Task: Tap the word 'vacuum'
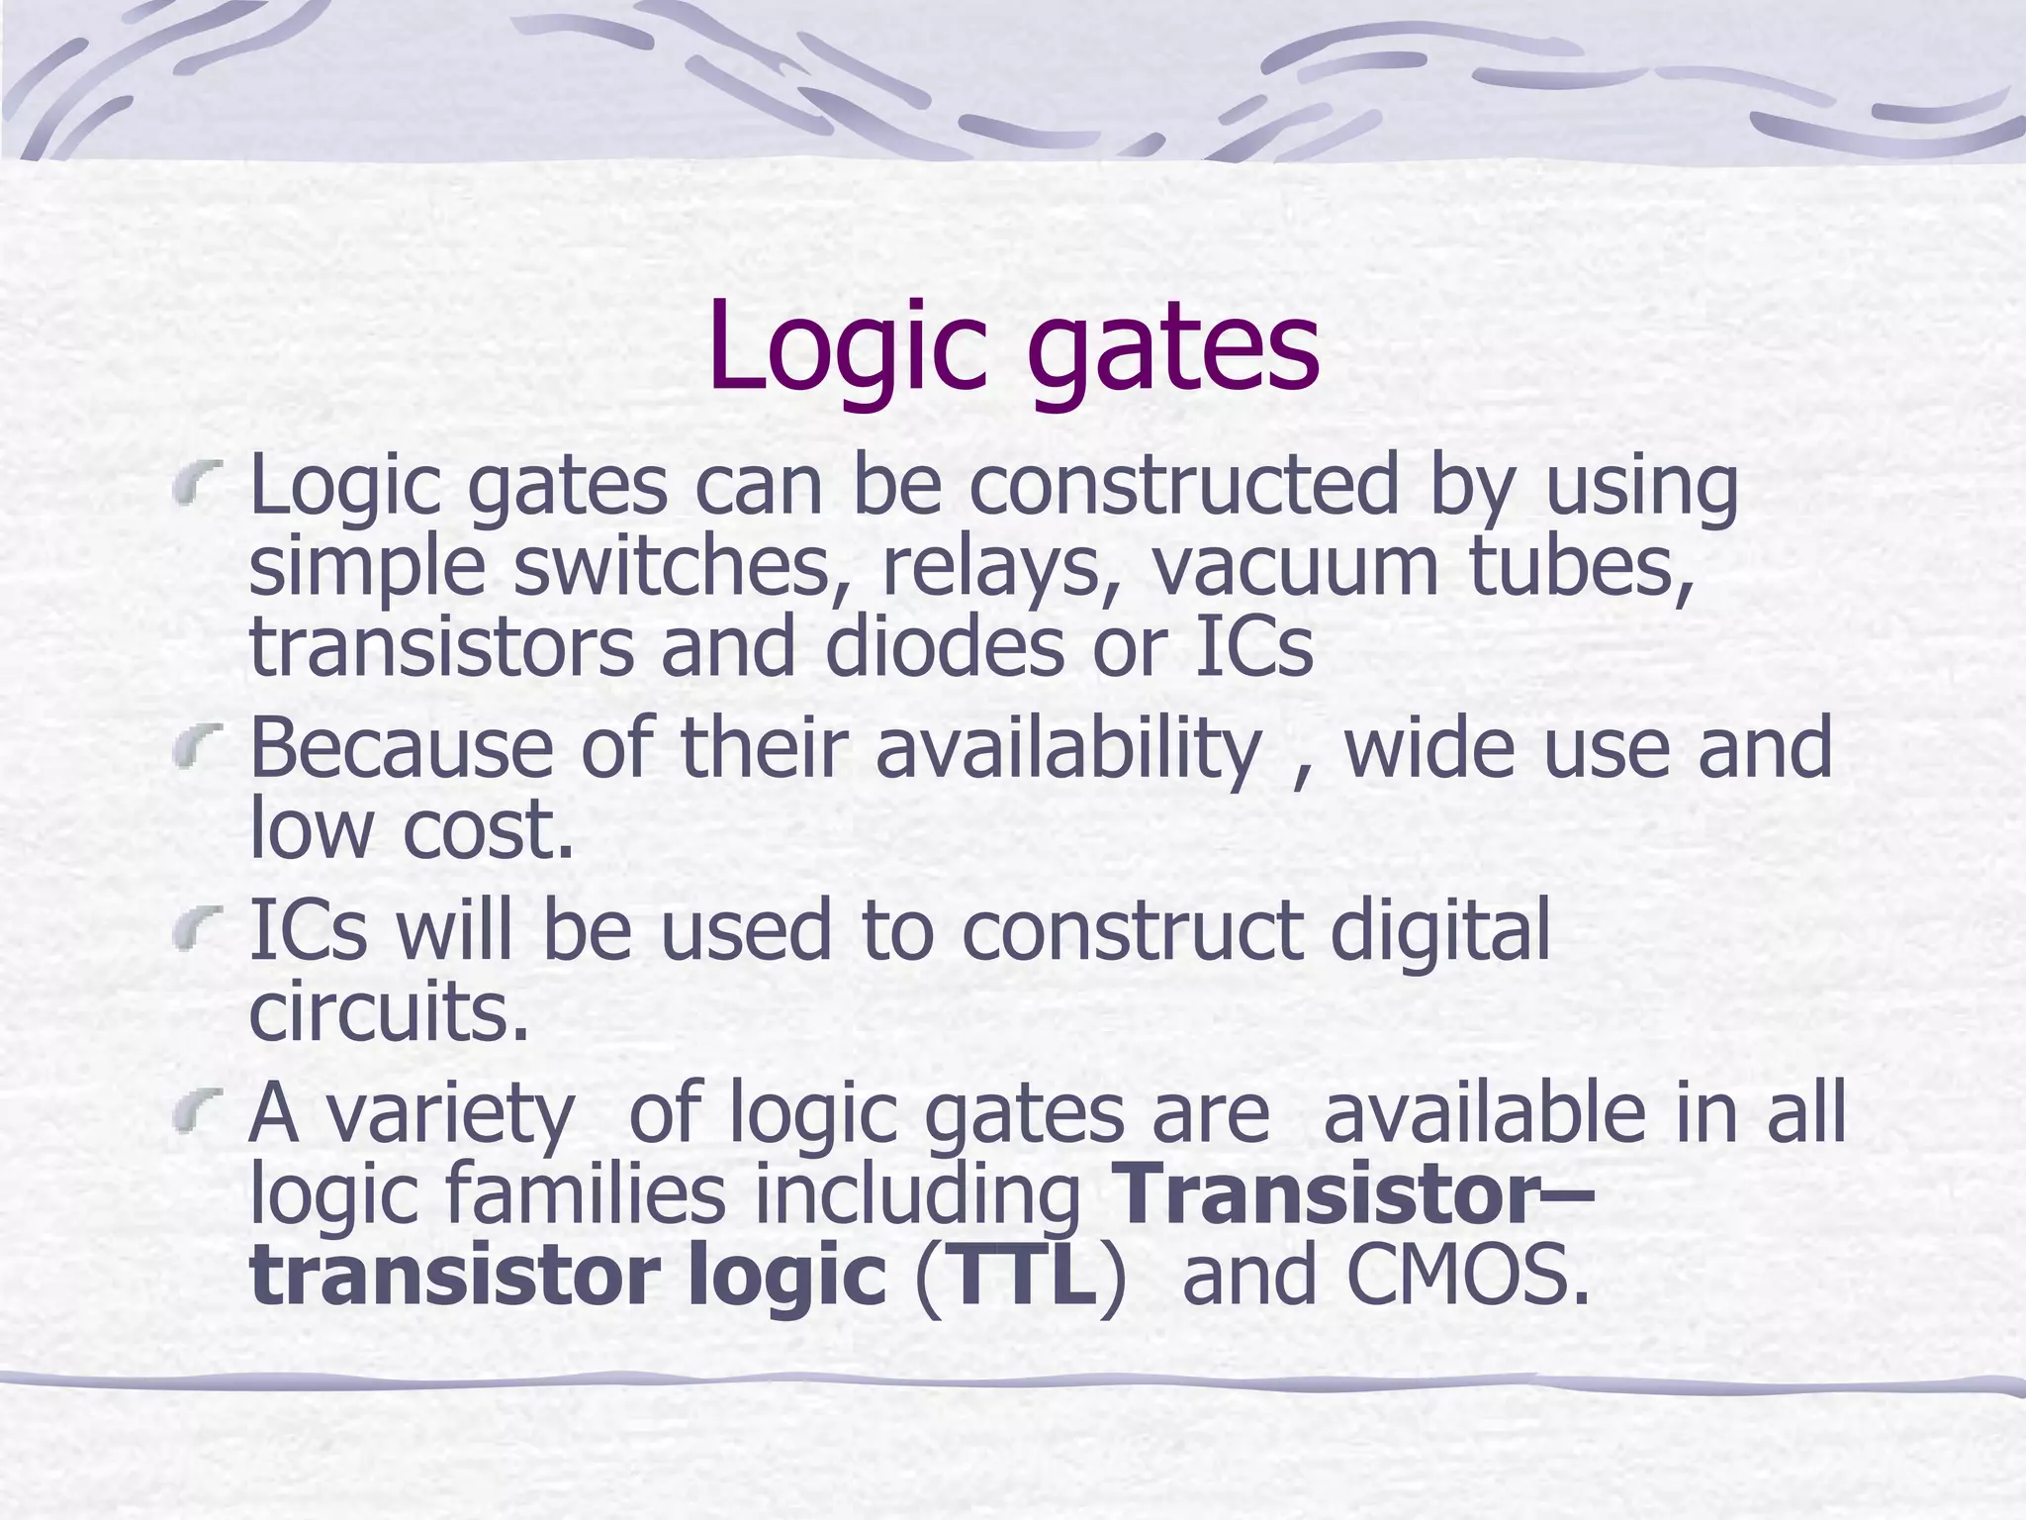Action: pyautogui.click(x=1296, y=568)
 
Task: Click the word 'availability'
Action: pyautogui.click(x=1068, y=750)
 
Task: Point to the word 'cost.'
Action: pyautogui.click(x=489, y=829)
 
